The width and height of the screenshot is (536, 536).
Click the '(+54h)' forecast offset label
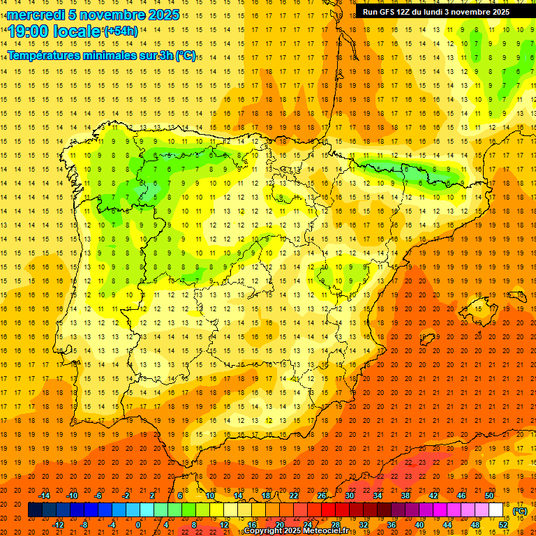(x=121, y=31)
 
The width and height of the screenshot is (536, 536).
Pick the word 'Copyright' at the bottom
(x=262, y=531)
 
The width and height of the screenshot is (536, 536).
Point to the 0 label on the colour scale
(x=138, y=525)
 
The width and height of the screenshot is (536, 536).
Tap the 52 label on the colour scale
(x=502, y=525)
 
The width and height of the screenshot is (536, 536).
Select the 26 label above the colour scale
(x=322, y=496)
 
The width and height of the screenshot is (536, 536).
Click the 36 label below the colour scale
(x=392, y=525)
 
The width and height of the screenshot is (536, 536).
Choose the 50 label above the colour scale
(x=489, y=496)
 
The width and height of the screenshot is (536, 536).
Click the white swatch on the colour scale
(x=496, y=510)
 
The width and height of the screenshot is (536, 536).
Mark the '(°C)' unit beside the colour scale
(x=520, y=511)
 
